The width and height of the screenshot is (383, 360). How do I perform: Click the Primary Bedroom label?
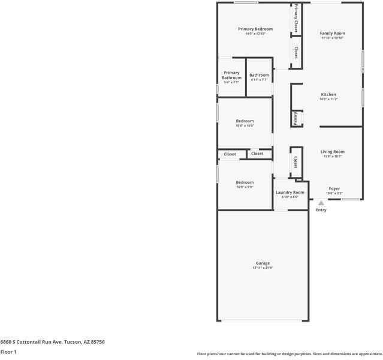pos(255,29)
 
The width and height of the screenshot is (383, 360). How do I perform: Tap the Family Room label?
pos(331,33)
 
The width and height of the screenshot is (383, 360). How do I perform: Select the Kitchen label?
pos(328,94)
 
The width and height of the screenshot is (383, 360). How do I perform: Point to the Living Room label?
pos(332,152)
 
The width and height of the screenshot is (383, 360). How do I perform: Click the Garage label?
pos(263,263)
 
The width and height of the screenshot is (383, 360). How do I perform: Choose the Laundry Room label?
pos(290,192)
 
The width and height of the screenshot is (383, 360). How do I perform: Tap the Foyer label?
pos(334,188)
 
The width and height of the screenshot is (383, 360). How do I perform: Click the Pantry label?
pos(295,119)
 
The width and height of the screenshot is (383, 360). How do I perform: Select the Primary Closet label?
pos(296,19)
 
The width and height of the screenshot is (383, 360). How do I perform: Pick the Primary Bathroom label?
pos(231,75)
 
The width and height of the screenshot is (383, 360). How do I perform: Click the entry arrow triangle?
pos(321,203)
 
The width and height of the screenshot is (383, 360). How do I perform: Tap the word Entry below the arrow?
pos(321,210)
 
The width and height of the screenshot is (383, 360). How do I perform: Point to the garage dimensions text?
pos(263,268)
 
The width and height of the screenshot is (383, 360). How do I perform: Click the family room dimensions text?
pos(331,38)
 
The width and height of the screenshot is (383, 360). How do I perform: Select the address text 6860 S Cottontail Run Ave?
pos(53,341)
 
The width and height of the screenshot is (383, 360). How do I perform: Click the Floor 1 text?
pos(8,352)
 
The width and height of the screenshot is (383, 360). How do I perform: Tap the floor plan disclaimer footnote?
pos(289,354)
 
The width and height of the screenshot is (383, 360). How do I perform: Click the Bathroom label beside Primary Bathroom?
pos(260,75)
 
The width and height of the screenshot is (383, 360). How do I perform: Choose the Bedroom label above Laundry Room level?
pos(245,182)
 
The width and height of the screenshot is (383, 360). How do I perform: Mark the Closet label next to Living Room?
pos(296,162)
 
